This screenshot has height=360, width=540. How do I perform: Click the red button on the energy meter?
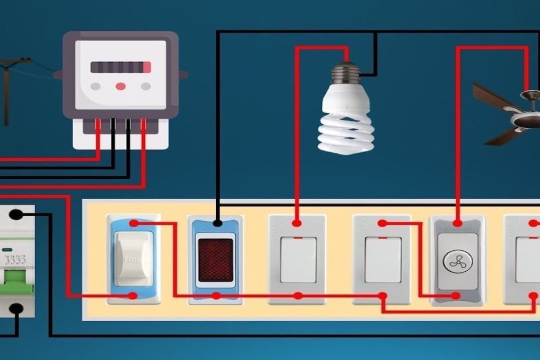tap(120, 86)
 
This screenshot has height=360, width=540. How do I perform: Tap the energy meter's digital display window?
tap(121, 67)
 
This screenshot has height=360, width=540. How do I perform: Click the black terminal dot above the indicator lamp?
tap(217, 222)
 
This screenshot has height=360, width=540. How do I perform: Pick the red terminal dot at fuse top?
tap(134, 223)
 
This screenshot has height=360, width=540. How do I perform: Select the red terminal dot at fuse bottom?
tap(133, 296)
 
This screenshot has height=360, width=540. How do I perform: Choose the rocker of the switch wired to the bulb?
tap(298, 258)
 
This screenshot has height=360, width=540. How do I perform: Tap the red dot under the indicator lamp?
tap(216, 296)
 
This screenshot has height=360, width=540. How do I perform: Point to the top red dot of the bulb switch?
tap(297, 223)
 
